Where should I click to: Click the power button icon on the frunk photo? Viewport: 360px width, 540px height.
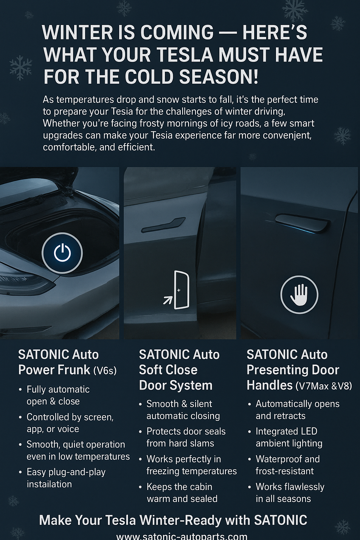[x=62, y=253]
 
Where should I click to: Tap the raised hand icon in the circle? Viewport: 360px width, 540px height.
[x=299, y=295]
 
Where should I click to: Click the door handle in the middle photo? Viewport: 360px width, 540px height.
[x=163, y=225]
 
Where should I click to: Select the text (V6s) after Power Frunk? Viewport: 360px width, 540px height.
[x=105, y=371]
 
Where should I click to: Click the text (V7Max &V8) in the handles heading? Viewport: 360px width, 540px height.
[x=323, y=386]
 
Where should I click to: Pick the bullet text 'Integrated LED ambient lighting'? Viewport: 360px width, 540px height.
[x=289, y=437]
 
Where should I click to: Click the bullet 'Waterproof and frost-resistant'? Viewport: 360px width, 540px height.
[x=287, y=465]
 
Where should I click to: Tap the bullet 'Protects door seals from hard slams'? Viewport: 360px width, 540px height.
[x=186, y=437]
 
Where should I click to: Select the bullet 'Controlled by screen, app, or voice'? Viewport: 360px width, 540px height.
[x=70, y=423]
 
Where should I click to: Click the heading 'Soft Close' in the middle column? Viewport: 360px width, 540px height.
[x=168, y=370]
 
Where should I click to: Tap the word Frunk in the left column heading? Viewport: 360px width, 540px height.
[x=74, y=370]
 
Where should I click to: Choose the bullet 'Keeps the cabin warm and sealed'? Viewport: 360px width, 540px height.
[x=182, y=493]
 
